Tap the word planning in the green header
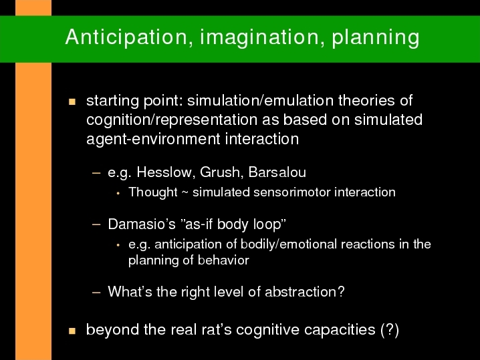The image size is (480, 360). [x=375, y=38]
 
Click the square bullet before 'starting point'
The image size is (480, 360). [x=72, y=102]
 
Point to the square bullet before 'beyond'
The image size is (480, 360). [x=72, y=331]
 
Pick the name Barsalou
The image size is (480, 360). [x=277, y=172]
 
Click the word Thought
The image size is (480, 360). [x=153, y=192]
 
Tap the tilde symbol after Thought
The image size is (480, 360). [x=185, y=193]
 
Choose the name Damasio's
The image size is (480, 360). [x=142, y=224]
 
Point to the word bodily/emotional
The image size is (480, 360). [x=289, y=244]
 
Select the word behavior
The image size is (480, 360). [x=223, y=260]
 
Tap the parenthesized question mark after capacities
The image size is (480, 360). [x=390, y=330]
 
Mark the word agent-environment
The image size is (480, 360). [x=153, y=139]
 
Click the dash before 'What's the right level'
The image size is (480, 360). [x=96, y=292]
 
